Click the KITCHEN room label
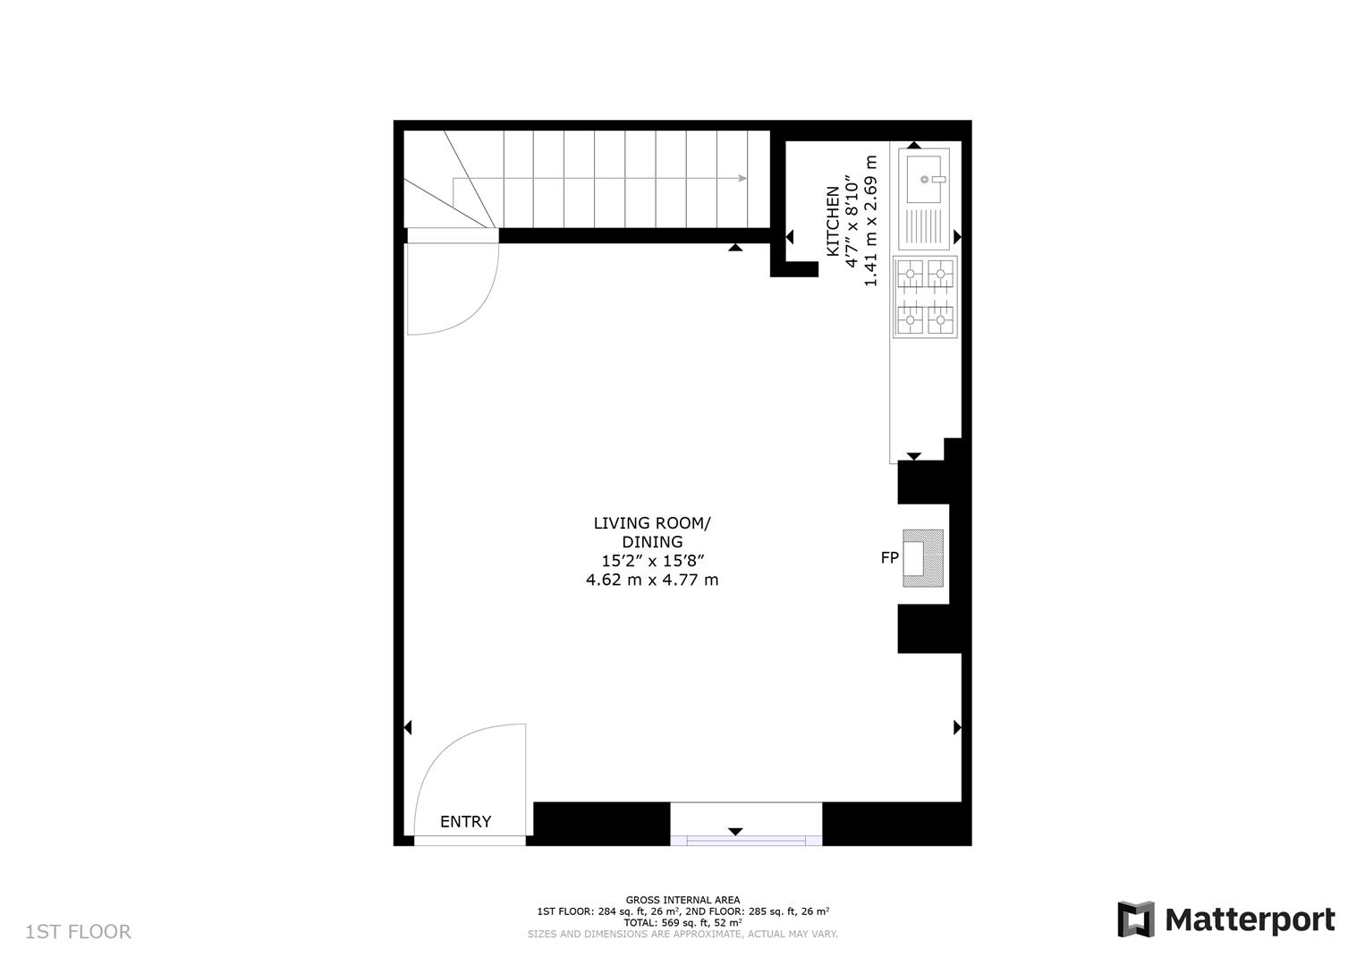pyautogui.click(x=833, y=222)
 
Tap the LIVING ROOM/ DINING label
pyautogui.click(x=652, y=532)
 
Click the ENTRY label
pyautogui.click(x=465, y=822)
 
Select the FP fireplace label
pyautogui.click(x=889, y=558)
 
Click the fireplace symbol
pyautogui.click(x=922, y=558)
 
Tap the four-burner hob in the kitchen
pyautogui.click(x=925, y=296)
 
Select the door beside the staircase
pyautogui.click(x=447, y=286)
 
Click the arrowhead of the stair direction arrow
pyautogui.click(x=742, y=178)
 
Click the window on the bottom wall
pyautogui.click(x=746, y=839)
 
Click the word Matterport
pyautogui.click(x=1250, y=919)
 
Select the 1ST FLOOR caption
pyautogui.click(x=79, y=932)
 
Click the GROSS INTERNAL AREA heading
pyautogui.click(x=682, y=900)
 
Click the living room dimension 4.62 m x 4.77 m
pyautogui.click(x=652, y=580)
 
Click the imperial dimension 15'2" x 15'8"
pyautogui.click(x=652, y=561)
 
